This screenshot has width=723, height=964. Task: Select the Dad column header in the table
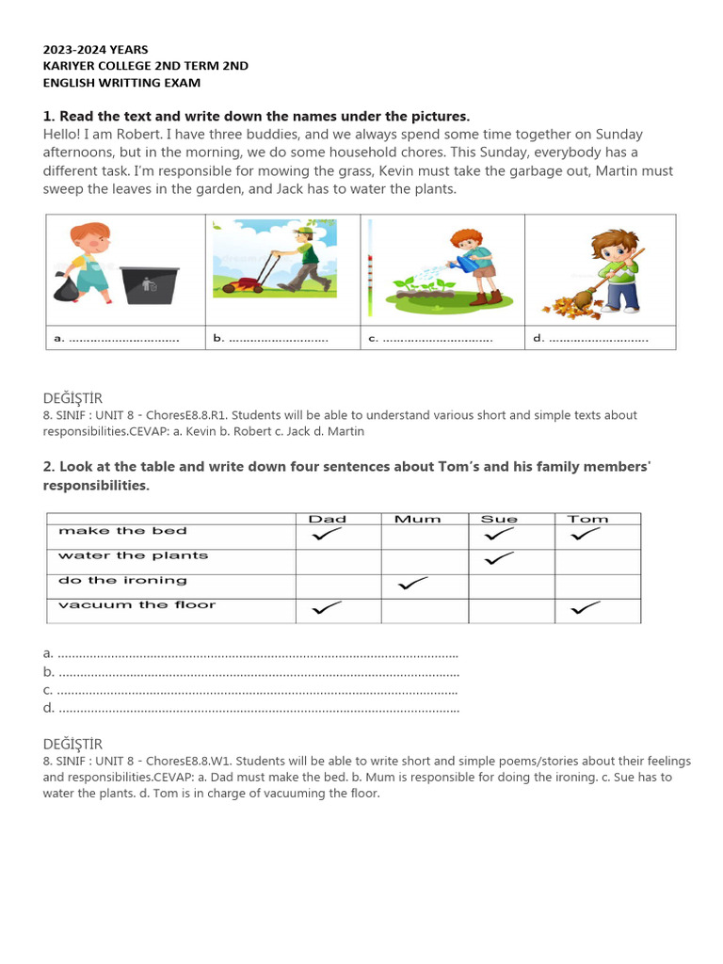328,519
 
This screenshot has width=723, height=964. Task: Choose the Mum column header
417,519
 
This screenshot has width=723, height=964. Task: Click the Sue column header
499,519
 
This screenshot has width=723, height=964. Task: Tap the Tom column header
587,519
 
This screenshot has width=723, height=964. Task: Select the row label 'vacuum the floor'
137,605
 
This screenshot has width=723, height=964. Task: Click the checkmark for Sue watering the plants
499,559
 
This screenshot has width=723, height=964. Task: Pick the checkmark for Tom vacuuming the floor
586,609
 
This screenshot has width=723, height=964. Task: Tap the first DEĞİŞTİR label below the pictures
72,398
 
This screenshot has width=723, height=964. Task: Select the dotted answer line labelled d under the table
259,708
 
